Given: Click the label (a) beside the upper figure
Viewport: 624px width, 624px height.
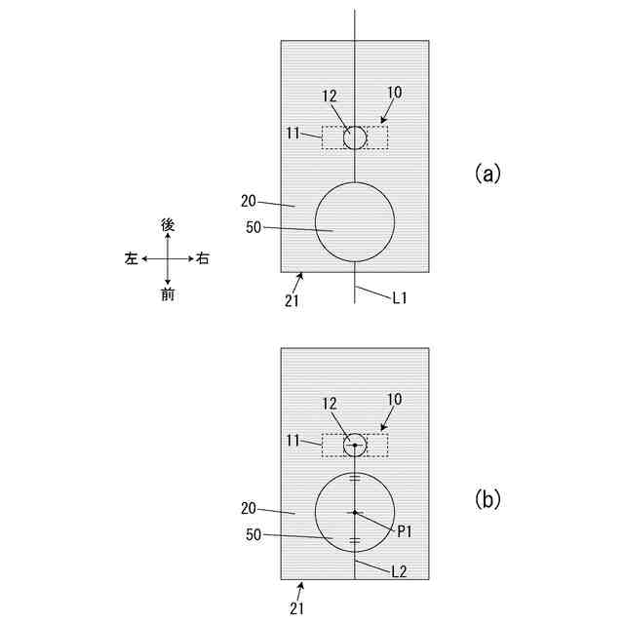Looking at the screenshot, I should pyautogui.click(x=487, y=174).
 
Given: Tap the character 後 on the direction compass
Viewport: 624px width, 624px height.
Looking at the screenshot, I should pyautogui.click(x=168, y=224).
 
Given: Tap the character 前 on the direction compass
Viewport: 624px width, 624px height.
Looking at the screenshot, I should pyautogui.click(x=168, y=294).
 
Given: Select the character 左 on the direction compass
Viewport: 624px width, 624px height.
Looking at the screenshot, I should pyautogui.click(x=131, y=259).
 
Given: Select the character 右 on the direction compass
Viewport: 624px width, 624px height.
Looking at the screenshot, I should pyautogui.click(x=203, y=259).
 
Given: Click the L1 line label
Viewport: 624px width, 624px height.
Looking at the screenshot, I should pyautogui.click(x=400, y=298).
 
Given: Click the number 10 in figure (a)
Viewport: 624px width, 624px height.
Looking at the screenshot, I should pyautogui.click(x=394, y=94).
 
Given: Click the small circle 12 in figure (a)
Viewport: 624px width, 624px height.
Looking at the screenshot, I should pyautogui.click(x=355, y=136).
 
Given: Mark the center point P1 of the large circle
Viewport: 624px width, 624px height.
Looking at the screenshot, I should pyautogui.click(x=355, y=512).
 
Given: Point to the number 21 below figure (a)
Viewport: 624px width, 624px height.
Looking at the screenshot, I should pyautogui.click(x=292, y=300).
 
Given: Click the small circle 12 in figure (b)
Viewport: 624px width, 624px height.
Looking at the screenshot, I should pyautogui.click(x=355, y=445).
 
